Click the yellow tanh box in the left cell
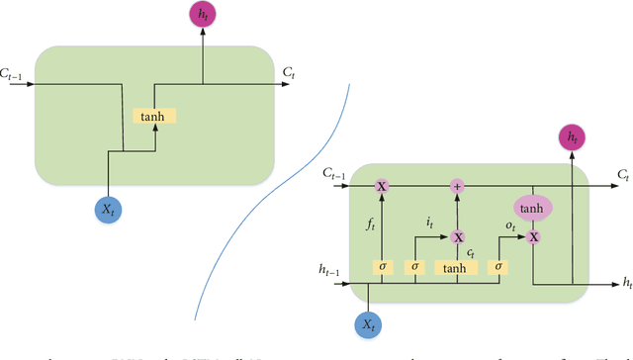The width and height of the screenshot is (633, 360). [153, 116]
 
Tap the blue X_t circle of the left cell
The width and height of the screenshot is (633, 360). [106, 208]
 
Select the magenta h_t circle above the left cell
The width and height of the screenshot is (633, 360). [203, 15]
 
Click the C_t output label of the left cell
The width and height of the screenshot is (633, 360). [288, 72]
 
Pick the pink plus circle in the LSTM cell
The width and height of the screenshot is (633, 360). [457, 185]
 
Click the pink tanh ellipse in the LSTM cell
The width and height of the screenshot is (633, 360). [532, 208]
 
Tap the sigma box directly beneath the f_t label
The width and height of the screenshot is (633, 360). [382, 267]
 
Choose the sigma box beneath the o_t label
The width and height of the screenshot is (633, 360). [500, 267]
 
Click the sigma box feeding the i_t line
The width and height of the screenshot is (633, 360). [416, 267]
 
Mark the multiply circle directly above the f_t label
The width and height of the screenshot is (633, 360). [382, 185]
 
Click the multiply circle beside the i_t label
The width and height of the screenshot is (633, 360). [457, 236]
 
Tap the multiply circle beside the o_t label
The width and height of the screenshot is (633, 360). [533, 237]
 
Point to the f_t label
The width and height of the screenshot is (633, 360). [370, 225]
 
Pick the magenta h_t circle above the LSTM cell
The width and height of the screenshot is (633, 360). [572, 137]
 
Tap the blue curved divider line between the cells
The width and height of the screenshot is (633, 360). [297, 198]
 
